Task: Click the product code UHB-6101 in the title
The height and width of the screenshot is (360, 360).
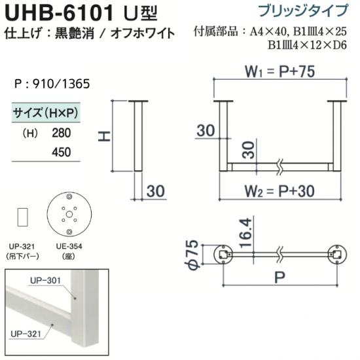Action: click(x=59, y=13)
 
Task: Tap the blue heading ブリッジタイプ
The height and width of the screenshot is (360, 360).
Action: click(x=303, y=10)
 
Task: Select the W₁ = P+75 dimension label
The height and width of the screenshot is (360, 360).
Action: click(x=280, y=71)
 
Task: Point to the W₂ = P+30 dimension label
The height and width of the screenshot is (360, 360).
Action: click(x=279, y=190)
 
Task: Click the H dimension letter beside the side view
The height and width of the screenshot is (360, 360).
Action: click(x=105, y=136)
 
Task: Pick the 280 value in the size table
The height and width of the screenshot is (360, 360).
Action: click(x=62, y=133)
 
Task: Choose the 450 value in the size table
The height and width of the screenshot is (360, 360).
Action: click(x=62, y=152)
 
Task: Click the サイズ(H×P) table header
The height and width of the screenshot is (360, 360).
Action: click(x=46, y=113)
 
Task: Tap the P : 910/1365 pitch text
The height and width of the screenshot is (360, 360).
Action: click(x=52, y=84)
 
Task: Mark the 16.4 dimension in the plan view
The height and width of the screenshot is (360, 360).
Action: click(x=245, y=232)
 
